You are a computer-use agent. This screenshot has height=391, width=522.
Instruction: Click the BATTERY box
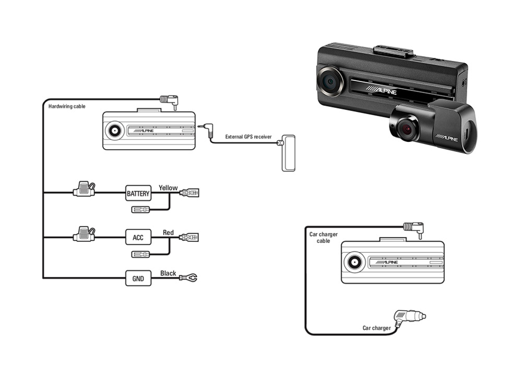coord(138,194)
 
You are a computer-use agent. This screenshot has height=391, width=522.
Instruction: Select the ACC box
coord(138,238)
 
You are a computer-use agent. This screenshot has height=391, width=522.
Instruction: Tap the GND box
coord(138,278)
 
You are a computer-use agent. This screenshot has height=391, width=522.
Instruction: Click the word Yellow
coord(168,188)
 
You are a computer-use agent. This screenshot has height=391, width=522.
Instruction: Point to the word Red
coord(168,233)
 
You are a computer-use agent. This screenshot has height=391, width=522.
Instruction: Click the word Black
coord(168,273)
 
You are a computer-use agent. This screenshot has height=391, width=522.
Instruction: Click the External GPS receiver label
coord(248,137)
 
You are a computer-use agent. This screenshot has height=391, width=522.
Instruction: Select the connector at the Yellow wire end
coord(189,193)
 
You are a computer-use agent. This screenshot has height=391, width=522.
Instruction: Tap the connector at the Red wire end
coord(189,238)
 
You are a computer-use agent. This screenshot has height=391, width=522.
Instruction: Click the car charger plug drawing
coord(410,317)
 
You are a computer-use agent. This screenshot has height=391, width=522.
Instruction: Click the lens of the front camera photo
coord(330,81)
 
